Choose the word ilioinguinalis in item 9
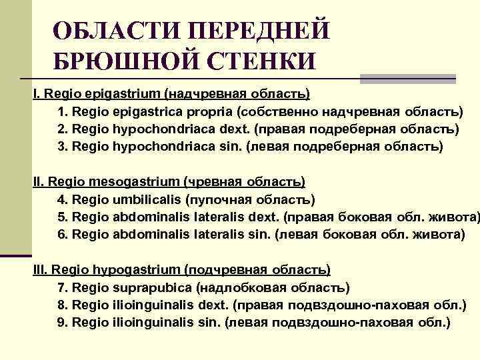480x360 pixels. tap(153, 323)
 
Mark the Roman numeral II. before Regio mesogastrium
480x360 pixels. tap(39, 181)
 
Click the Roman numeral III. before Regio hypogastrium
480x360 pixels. tap(40, 270)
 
